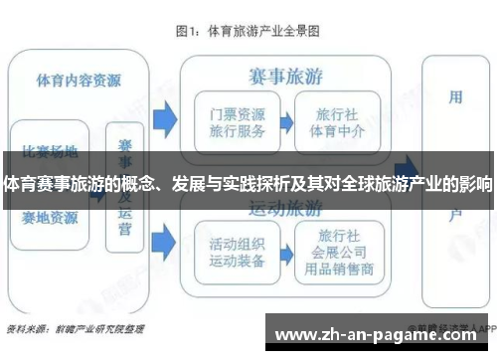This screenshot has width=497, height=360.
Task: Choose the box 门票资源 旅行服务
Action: pyautogui.click(x=232, y=122)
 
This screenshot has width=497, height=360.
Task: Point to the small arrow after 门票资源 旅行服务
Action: pyautogui.click(x=284, y=122)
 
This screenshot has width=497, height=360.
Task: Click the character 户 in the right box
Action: pyautogui.click(x=455, y=213)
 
